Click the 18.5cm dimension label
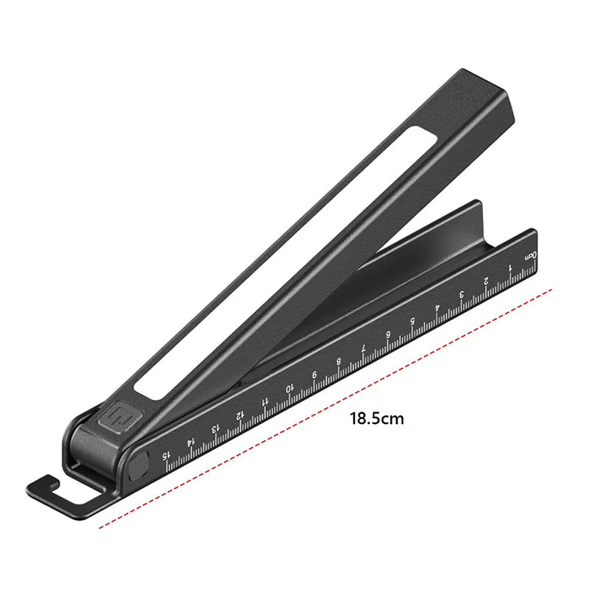(x=377, y=418)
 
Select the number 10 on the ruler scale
(x=289, y=389)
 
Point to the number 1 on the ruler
(x=510, y=268)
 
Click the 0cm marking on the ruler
(x=531, y=256)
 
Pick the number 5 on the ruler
(x=412, y=321)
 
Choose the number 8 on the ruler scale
(x=339, y=361)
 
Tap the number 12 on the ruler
(x=240, y=415)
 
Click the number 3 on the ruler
(x=462, y=294)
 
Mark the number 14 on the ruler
(x=191, y=442)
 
